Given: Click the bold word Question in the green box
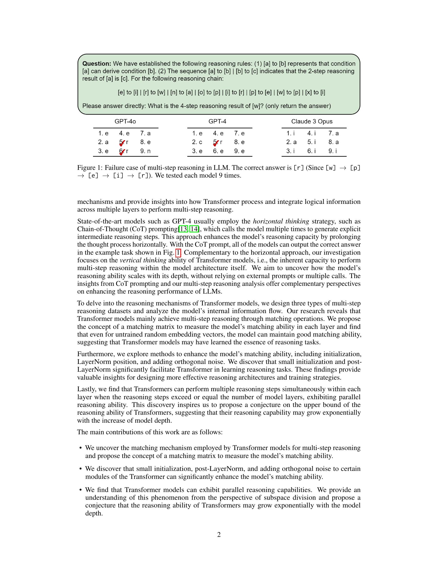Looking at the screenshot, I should coord(97,64).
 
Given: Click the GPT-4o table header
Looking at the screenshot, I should coord(125,121).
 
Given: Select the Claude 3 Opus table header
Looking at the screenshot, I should coord(312,121).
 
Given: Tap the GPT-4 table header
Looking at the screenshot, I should coord(217,121).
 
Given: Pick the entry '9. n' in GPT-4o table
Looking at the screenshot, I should coord(145,151).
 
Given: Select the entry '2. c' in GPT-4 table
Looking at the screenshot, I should coord(197,142).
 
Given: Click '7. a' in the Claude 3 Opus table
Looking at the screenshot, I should coord(333,133).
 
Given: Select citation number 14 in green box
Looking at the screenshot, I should coord(194,229).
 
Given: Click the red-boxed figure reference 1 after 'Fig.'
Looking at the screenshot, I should coord(178,252).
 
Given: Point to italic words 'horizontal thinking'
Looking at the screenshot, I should coord(281,221).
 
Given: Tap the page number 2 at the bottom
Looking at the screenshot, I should coord(219,535).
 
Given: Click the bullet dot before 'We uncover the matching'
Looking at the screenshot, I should coord(80,448).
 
